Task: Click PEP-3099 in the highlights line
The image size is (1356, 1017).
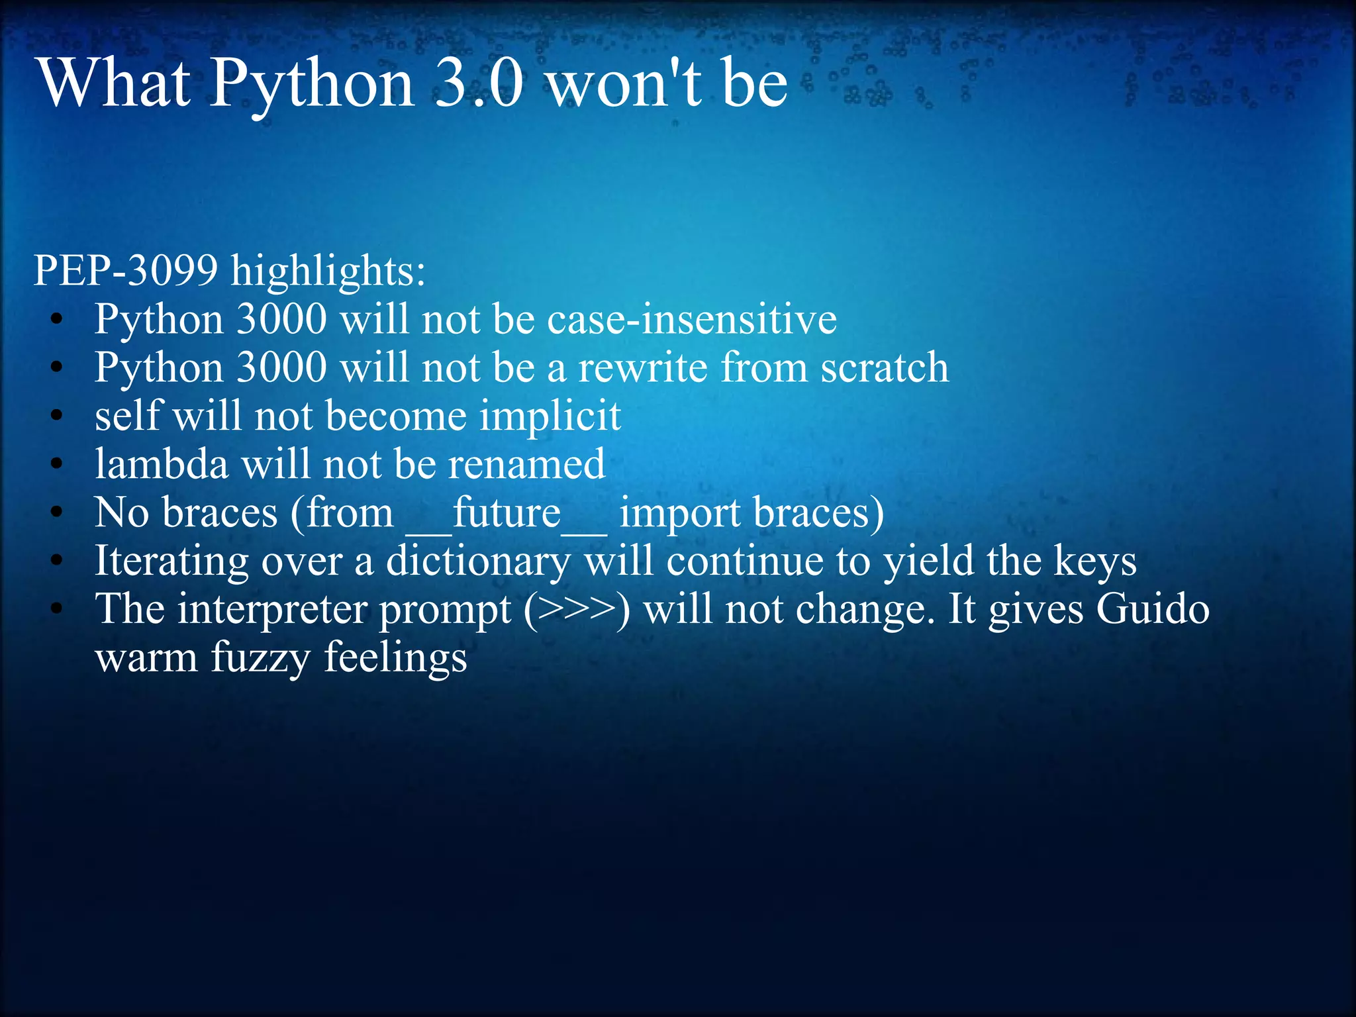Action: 126,271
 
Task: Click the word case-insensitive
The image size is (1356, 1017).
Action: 692,319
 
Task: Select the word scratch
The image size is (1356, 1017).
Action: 884,367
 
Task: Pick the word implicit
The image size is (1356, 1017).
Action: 550,417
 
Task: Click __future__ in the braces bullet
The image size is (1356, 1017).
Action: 506,513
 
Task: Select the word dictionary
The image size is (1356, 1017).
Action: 477,562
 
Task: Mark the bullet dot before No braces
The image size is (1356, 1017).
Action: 58,512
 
